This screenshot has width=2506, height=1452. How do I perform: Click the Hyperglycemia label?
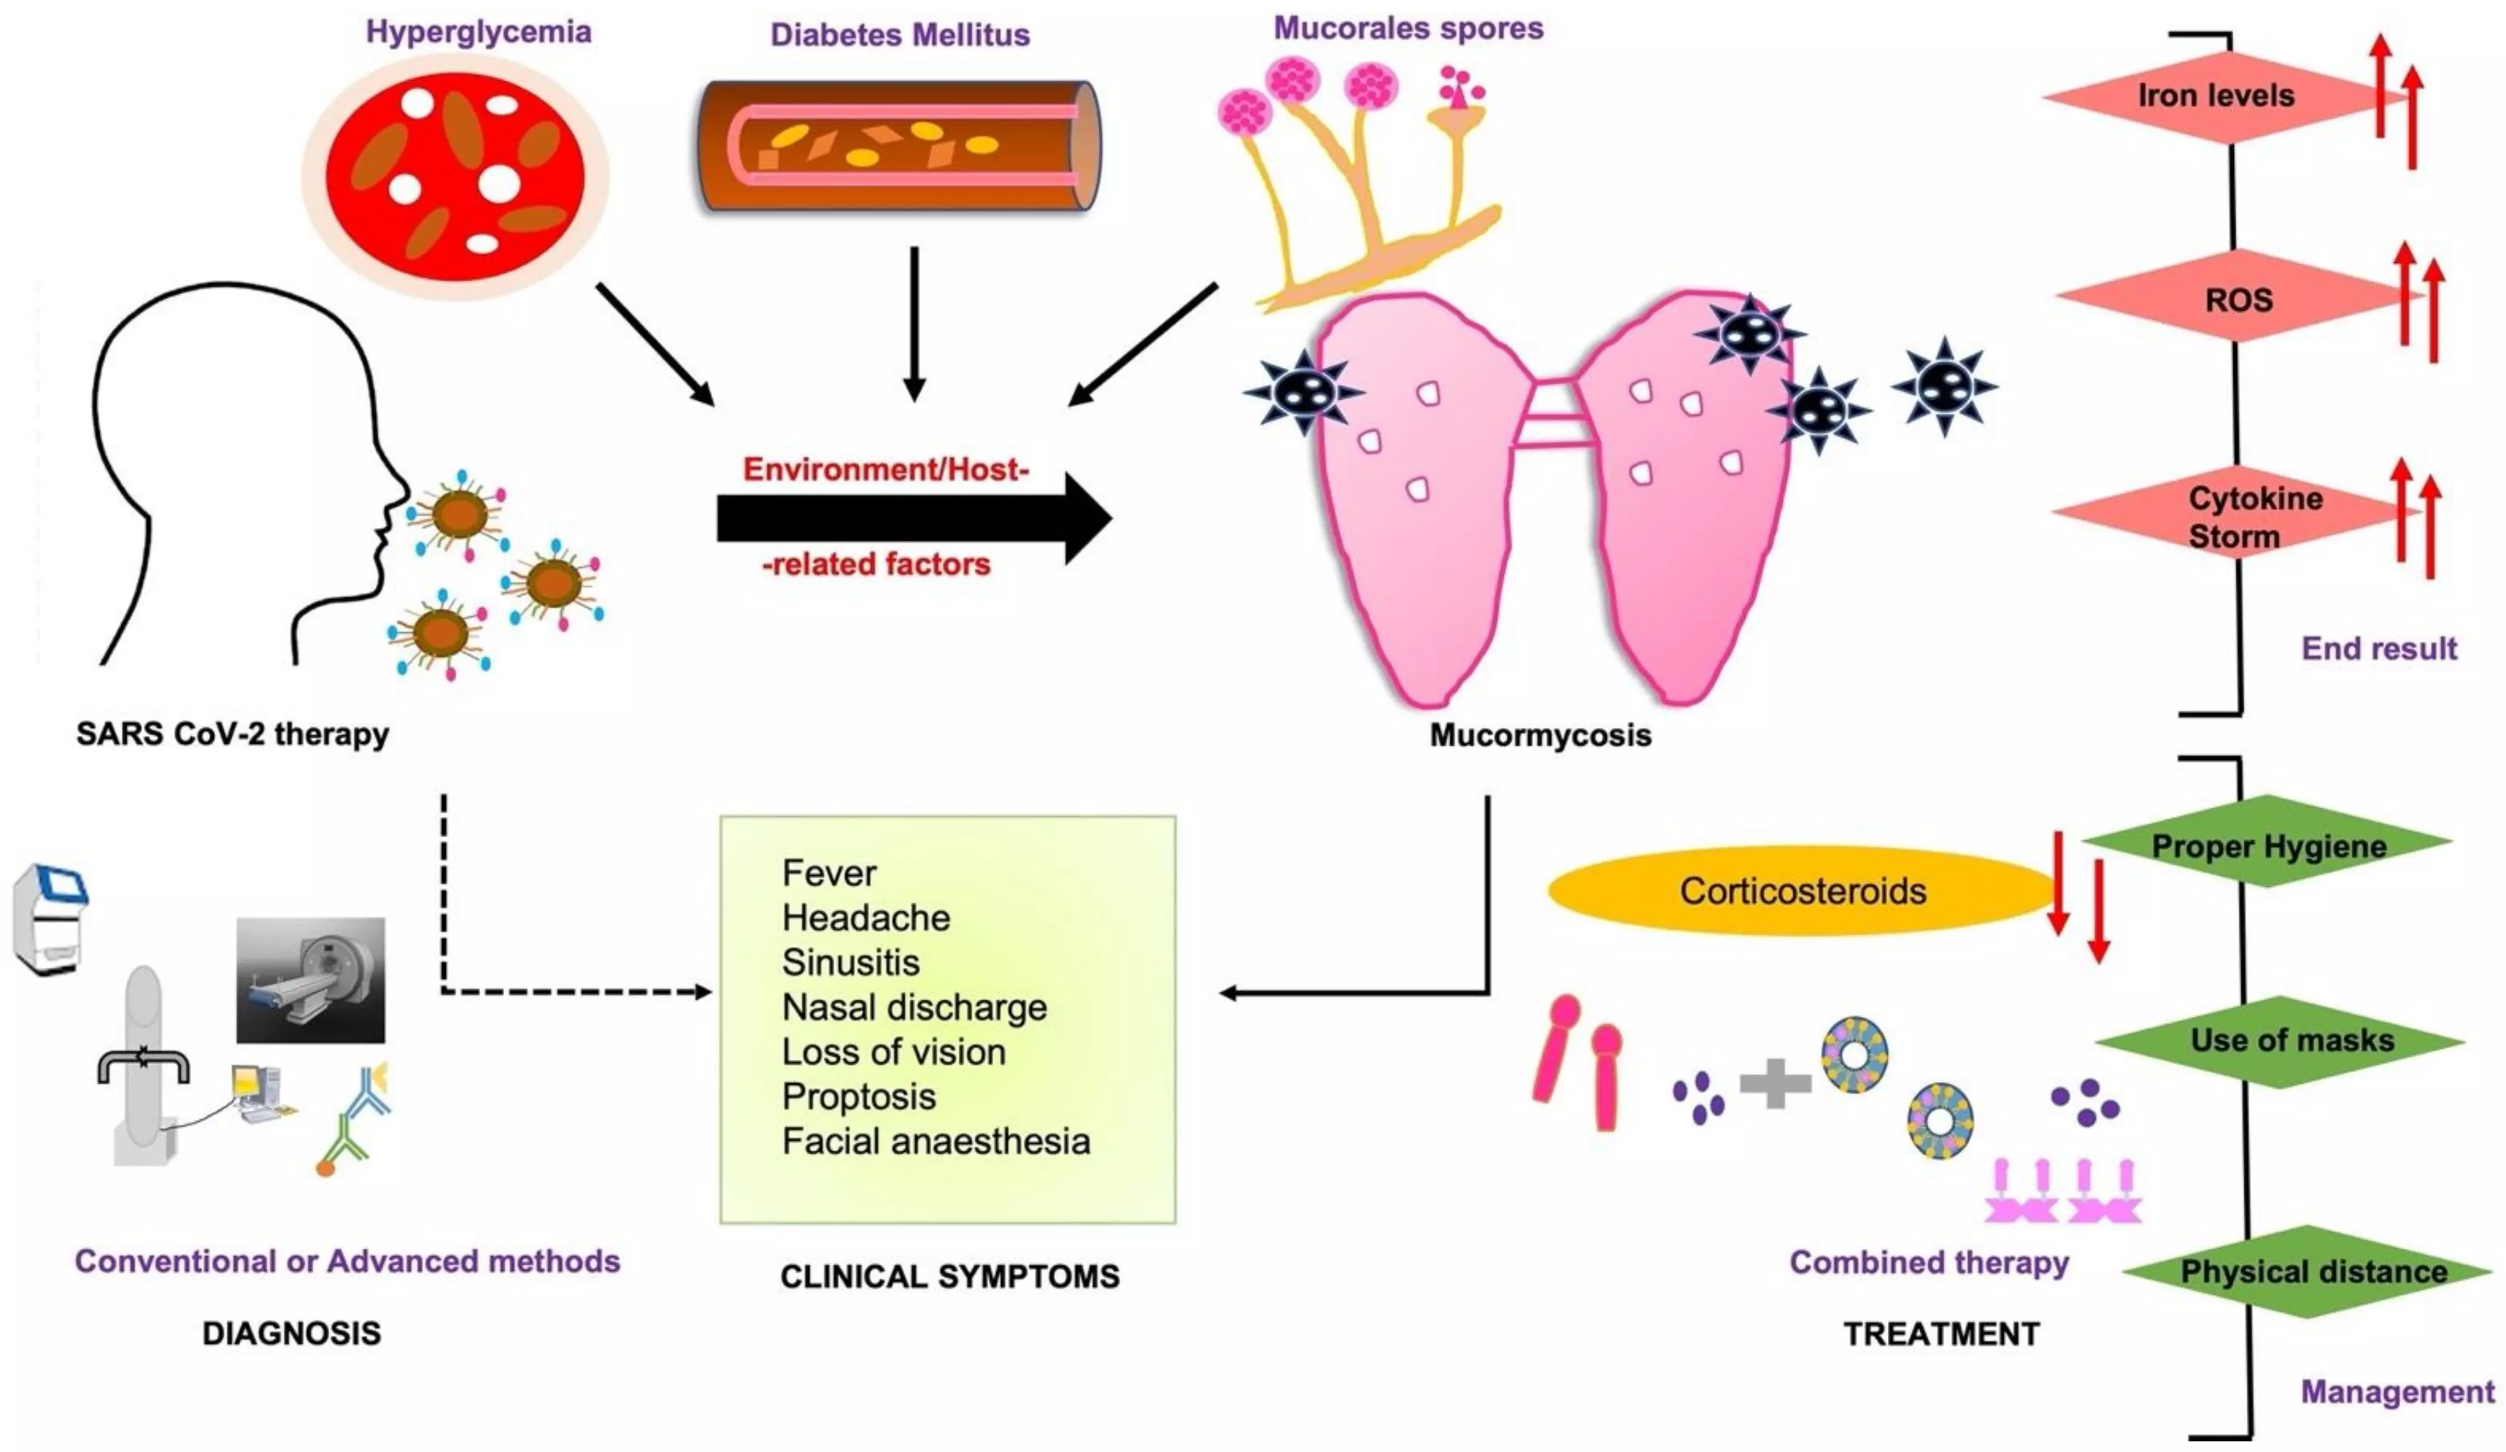(478, 32)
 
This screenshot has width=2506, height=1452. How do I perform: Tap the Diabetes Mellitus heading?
(900, 35)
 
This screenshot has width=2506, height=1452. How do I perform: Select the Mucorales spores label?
(1408, 28)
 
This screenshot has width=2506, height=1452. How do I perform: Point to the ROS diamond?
(2237, 298)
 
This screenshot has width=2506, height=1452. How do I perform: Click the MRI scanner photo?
(311, 979)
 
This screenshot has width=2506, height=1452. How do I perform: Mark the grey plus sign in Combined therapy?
(1774, 1083)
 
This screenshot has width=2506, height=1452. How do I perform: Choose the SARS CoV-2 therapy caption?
(232, 734)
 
